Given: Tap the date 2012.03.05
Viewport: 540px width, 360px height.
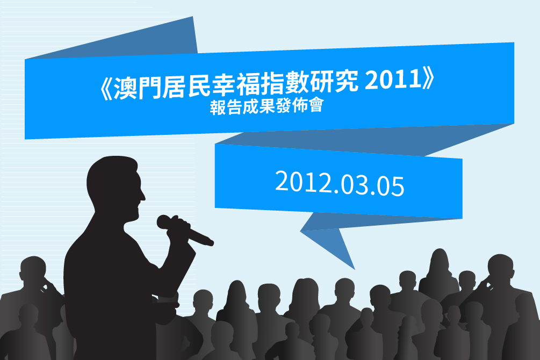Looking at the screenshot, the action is click(x=340, y=184).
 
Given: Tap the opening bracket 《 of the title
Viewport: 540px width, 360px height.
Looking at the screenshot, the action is click(x=105, y=89).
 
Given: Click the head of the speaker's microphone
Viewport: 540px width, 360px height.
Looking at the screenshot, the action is click(x=165, y=222).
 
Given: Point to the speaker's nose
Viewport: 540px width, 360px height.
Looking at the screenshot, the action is click(x=143, y=196).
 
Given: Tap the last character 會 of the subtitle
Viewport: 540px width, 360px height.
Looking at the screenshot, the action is click(x=316, y=105).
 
